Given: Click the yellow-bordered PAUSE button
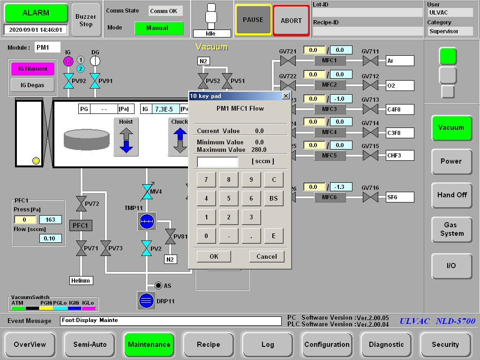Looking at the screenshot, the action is (253, 20).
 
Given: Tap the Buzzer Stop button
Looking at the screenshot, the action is (86, 20).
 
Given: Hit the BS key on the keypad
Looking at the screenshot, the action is (274, 198).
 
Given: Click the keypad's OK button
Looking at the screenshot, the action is (214, 256).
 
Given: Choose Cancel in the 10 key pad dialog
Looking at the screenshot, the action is (267, 256).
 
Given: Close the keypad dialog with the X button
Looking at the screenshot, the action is (285, 96).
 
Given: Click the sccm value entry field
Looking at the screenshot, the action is (217, 162).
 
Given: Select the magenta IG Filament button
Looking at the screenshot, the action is (33, 69).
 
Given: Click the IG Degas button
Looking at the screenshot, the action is (32, 85).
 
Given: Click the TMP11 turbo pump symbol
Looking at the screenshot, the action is (147, 222).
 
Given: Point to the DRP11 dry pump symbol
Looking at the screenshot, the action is (146, 300).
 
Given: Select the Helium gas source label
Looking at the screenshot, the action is (81, 280).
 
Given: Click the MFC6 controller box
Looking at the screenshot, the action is (330, 197).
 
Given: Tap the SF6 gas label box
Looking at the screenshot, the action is (400, 197).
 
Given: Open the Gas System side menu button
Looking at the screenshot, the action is (451, 229).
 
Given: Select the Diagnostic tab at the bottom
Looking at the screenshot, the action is (386, 345).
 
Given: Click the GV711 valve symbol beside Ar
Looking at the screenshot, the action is (370, 60).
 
